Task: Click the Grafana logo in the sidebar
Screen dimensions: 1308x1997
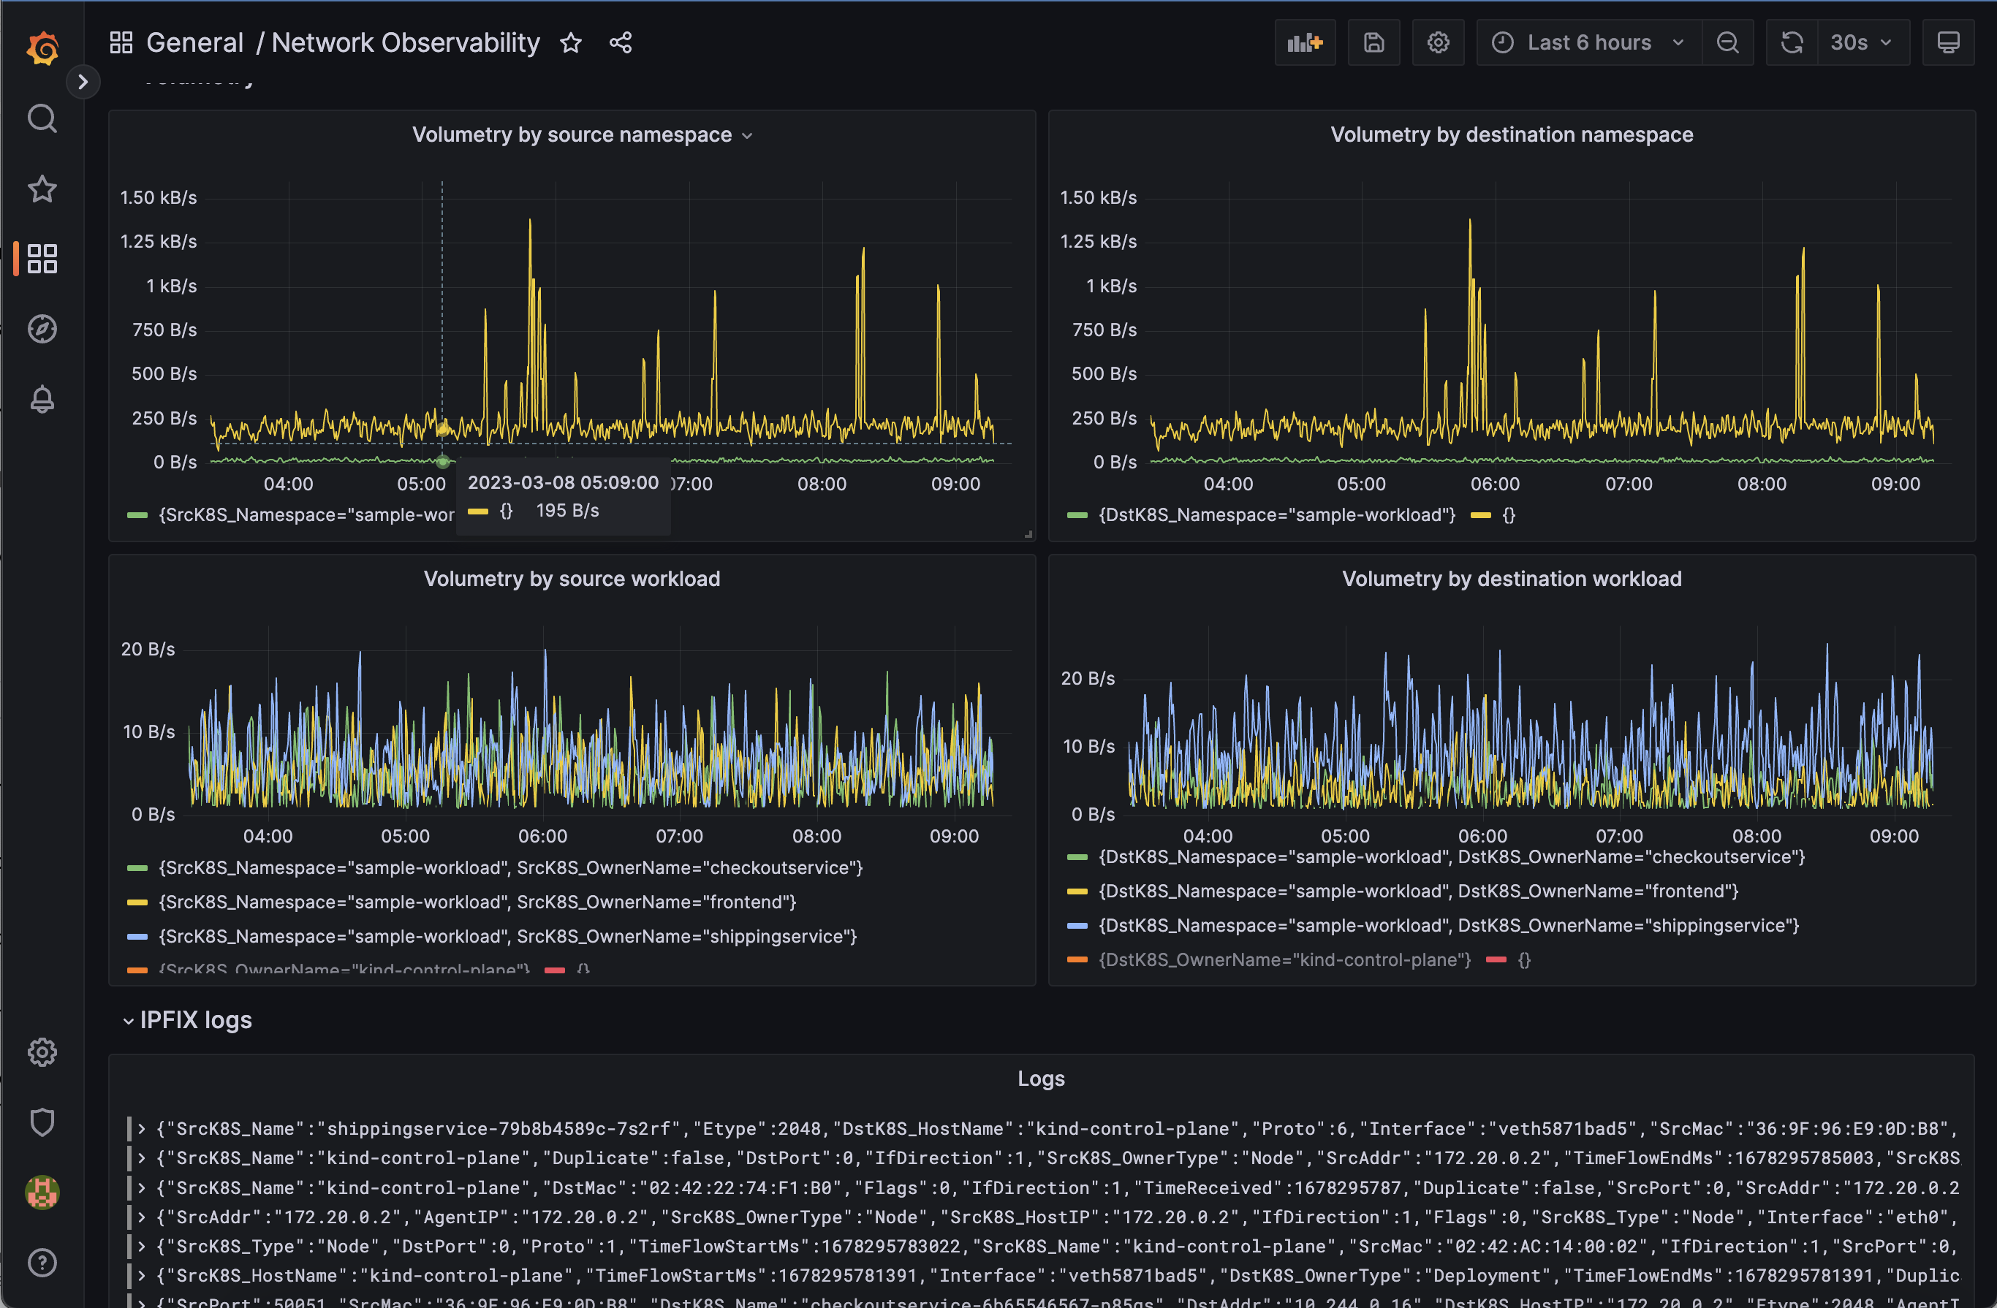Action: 42,47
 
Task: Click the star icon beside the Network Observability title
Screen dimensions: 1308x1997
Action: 571,43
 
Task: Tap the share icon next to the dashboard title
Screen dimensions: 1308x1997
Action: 620,43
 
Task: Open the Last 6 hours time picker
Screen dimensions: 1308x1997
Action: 1588,43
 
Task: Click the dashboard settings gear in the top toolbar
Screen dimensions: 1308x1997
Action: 1437,43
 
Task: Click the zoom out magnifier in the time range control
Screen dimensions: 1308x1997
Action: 1727,43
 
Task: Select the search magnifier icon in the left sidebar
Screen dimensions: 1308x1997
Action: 42,119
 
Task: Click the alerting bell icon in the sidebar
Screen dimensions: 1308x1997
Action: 42,400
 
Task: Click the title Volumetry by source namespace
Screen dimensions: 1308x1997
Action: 572,135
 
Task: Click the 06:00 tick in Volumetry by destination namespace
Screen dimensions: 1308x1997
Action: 1494,484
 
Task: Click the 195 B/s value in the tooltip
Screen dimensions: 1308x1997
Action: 567,510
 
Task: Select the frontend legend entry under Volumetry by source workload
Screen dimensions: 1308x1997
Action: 477,902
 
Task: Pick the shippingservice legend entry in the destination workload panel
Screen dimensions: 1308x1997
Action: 1448,925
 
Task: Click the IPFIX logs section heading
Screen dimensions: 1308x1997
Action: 195,1020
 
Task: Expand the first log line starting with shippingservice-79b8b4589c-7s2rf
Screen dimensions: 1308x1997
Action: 142,1128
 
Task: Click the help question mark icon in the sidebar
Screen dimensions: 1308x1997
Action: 42,1262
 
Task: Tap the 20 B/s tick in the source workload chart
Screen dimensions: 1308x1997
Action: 148,650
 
